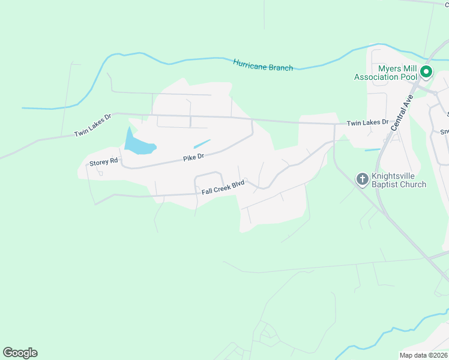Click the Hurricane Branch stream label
coord(263,65)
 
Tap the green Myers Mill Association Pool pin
coord(426,73)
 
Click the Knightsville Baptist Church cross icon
coord(363,179)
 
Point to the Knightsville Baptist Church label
coord(399,180)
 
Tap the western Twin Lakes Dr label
coord(93,125)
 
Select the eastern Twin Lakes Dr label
coord(367,122)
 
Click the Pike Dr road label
coord(194,157)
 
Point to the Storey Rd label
coord(105,162)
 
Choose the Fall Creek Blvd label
coord(223,189)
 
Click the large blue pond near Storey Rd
coord(137,143)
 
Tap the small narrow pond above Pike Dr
coord(202,144)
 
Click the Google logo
coord(20,353)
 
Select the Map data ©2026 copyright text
coord(423,355)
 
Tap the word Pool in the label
coord(408,77)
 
